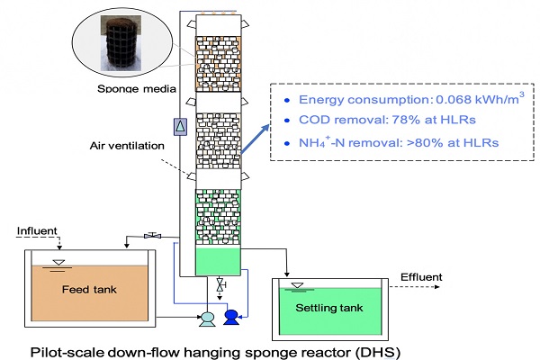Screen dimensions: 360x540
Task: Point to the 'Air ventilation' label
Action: pos(128,145)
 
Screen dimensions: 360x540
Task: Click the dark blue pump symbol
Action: pos(231,316)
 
